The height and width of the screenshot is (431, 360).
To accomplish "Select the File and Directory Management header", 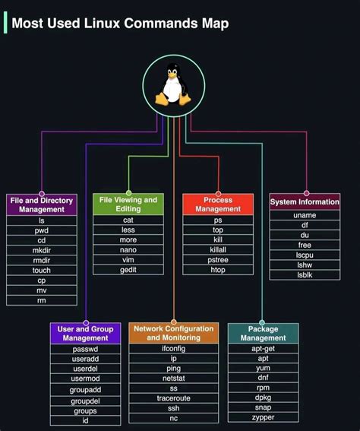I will tap(42, 205).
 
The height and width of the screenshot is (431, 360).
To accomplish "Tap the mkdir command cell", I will tap(42, 250).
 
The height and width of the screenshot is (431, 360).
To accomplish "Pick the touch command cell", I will tap(42, 270).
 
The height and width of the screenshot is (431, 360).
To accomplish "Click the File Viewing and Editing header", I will tap(128, 204).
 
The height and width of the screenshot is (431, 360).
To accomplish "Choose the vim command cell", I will tap(128, 259).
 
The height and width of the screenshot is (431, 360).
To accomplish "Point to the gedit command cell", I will tap(128, 270).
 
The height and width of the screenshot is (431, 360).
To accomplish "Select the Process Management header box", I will tap(218, 204).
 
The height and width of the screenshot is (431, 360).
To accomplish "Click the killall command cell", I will tap(218, 250).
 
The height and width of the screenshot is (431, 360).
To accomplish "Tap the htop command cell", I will tap(218, 270).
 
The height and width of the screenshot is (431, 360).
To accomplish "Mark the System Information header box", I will tap(305, 202).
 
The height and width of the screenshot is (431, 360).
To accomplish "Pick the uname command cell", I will tap(305, 215).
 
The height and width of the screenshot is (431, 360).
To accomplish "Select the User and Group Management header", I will tap(86, 333).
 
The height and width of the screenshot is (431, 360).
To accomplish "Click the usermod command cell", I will tap(86, 379).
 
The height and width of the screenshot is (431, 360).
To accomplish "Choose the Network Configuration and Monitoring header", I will tap(174, 333).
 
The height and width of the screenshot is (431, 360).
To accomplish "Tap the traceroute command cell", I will tap(174, 398).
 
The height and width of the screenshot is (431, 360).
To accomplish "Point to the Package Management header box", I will tap(263, 333).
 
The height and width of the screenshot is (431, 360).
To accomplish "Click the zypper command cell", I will tap(263, 418).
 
